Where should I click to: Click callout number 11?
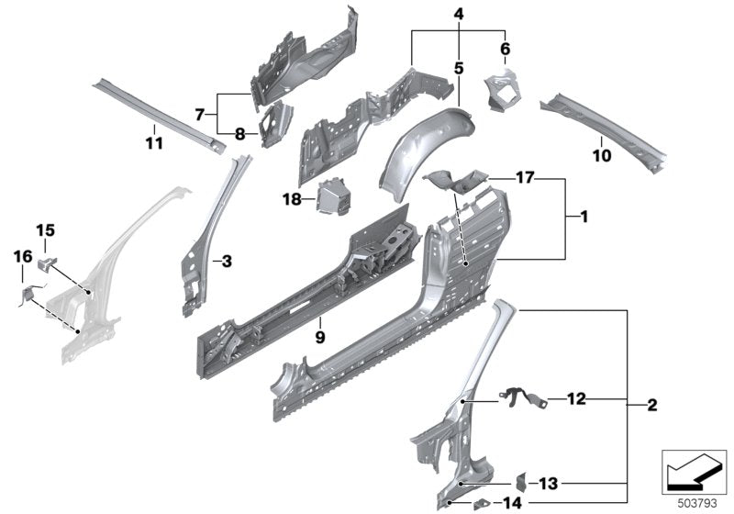click(x=153, y=142)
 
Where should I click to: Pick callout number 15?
click(x=45, y=229)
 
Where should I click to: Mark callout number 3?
click(x=227, y=262)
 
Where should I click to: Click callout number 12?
click(x=575, y=398)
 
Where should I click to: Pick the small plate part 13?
click(x=519, y=481)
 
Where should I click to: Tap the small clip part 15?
click(x=46, y=263)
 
